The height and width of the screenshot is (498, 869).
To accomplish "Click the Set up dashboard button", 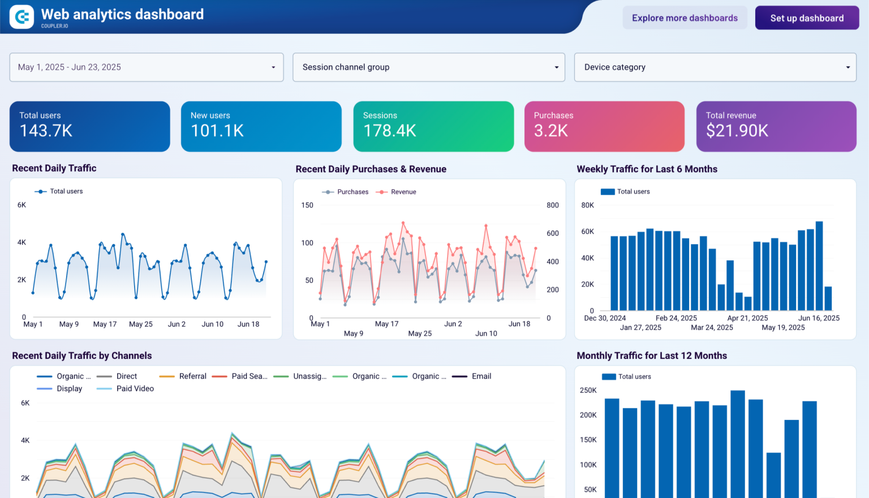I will (807, 18).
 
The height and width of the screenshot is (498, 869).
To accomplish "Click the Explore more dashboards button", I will (685, 18).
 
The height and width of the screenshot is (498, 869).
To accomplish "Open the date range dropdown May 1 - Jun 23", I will (147, 67).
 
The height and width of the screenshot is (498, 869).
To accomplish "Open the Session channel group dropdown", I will (428, 67).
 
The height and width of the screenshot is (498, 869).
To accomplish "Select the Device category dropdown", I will (715, 67).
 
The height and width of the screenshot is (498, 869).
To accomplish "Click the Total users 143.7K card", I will (89, 126).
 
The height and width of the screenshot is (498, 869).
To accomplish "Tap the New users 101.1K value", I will (217, 131).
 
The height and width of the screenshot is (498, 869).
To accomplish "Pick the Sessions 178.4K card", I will (433, 126).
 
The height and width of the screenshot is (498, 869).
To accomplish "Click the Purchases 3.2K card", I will (604, 126).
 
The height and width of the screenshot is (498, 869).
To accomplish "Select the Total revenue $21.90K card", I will (776, 126).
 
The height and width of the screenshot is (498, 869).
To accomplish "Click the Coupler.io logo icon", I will (21, 17).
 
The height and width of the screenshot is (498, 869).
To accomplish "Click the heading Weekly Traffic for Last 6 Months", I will (647, 169).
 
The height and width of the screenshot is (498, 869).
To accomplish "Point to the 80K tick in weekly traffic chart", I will (587, 205).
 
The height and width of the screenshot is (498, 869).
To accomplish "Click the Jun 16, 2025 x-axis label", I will (818, 318).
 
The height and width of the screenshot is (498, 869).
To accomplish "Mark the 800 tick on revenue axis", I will (552, 205).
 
